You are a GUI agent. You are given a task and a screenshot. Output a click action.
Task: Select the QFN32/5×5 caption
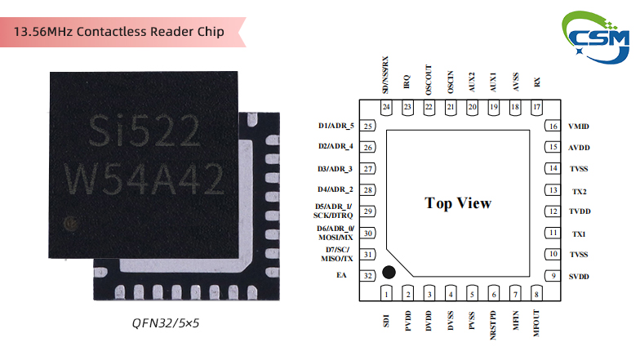(166, 323)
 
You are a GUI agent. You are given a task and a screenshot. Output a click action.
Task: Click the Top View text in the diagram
(458, 203)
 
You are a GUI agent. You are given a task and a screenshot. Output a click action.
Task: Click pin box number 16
(553, 127)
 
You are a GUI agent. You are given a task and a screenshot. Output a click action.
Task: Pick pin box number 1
(386, 294)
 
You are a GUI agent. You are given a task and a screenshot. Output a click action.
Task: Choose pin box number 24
(386, 108)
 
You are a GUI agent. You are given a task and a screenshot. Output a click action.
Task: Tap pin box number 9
(553, 277)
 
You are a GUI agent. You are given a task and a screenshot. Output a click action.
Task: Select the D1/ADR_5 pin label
(336, 127)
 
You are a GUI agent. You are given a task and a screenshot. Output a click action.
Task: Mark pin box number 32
(368, 276)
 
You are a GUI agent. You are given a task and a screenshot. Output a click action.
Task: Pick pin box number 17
(536, 108)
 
